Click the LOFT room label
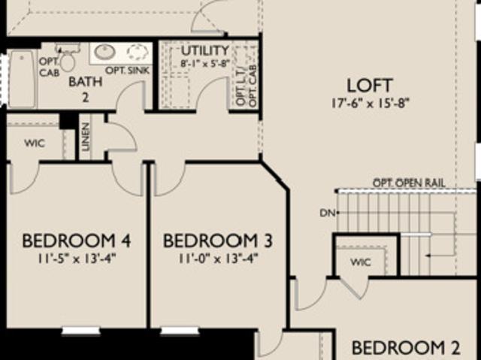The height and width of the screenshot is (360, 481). coord(370,86)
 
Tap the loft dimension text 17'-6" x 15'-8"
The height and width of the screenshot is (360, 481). coord(371,103)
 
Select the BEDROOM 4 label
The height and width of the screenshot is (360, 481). coord(77,241)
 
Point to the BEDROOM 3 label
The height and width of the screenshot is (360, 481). coord(217,241)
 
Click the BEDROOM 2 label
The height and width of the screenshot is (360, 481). coord(406,348)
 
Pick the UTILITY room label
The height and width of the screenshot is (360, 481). coord(205,50)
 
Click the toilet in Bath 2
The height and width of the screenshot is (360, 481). coord(67,59)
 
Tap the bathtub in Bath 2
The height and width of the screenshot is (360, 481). coord(22,79)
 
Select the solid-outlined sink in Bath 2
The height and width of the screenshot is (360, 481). coord(105,52)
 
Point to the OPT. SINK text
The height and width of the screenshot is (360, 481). coord(127,70)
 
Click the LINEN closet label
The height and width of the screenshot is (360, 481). coord(86,137)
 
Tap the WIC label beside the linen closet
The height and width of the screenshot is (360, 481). coord(35,144)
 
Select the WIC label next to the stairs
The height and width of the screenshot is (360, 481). coord(361,262)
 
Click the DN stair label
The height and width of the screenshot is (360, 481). coord(328,213)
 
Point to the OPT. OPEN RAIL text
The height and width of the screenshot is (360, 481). coord(409,183)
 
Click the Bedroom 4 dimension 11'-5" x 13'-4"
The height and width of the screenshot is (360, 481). coord(77,259)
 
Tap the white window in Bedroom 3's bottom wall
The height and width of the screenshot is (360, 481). coord(180,331)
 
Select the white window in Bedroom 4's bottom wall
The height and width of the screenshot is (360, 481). coord(81,331)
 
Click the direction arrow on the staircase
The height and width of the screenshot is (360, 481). coord(440,255)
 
